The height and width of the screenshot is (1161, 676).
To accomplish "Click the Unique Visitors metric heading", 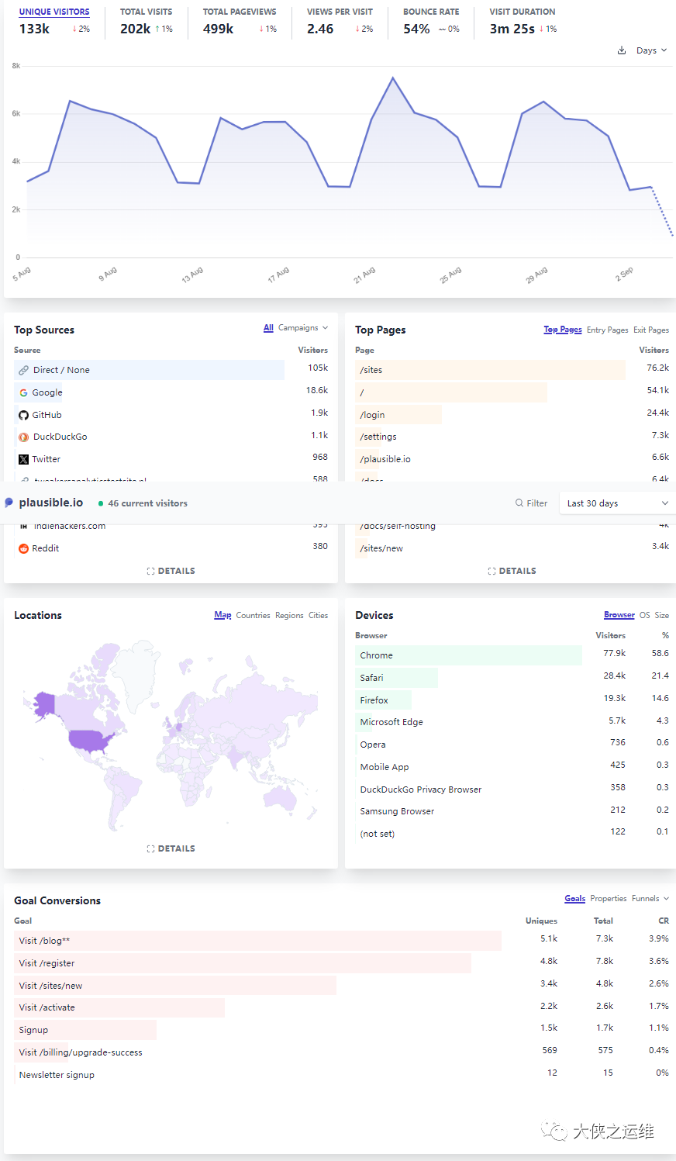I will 54,12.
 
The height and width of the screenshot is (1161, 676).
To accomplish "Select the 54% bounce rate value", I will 416,29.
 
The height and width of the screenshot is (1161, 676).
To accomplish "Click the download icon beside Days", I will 622,50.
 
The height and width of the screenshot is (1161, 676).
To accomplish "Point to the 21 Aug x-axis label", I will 364,275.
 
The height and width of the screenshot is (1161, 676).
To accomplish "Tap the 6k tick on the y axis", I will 16,114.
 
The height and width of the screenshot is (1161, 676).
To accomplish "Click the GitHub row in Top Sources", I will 47,415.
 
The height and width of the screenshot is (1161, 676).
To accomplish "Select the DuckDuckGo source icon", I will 23,437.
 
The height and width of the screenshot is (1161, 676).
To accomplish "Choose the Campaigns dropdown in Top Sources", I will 303,328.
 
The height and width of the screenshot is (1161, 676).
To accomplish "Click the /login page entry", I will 372,415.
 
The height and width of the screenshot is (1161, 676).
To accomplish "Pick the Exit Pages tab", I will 650,330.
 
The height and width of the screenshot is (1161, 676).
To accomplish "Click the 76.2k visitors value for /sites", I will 657,368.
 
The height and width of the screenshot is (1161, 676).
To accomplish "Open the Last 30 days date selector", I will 616,503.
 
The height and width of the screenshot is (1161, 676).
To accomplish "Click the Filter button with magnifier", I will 532,503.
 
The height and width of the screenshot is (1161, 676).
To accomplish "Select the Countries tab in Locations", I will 253,616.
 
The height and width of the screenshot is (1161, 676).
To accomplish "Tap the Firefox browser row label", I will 374,700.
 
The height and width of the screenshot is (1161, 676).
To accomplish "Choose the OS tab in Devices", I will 644,616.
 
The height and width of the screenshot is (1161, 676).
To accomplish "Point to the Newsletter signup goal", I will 57,1075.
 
